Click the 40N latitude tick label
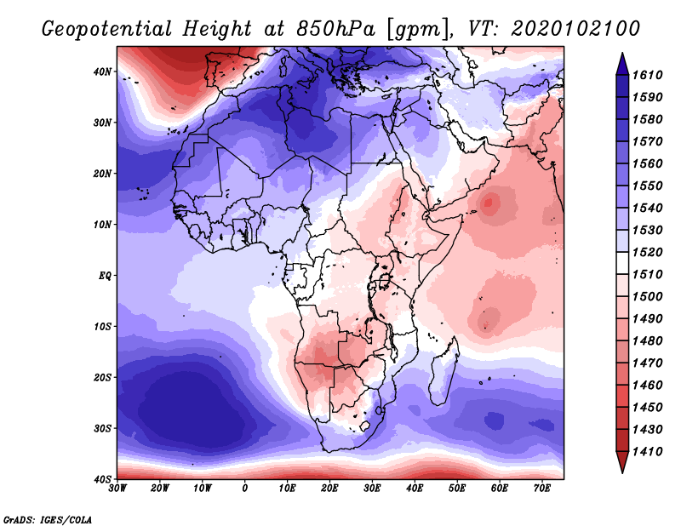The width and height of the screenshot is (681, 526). [102, 71]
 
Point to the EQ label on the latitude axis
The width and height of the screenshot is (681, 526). [105, 276]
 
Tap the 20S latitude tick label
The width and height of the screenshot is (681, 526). [102, 377]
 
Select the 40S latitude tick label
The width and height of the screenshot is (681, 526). [102, 479]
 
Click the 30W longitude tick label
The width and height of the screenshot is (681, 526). [117, 489]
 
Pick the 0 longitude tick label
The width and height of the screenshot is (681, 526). [245, 489]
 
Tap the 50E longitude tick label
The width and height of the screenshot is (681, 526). [457, 489]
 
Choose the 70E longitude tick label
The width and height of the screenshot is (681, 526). [542, 489]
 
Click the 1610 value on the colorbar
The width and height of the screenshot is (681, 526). [647, 75]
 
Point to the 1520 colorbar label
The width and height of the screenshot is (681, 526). [647, 252]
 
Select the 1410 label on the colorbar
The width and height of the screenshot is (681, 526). [647, 452]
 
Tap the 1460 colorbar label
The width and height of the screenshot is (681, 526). [647, 386]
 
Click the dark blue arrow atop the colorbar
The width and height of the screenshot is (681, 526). [622, 66]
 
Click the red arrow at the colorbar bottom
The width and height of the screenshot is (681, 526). [622, 460]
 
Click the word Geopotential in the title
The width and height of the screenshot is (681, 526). [107, 29]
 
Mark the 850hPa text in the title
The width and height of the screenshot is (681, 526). [335, 29]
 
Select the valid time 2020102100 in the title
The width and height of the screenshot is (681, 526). [575, 29]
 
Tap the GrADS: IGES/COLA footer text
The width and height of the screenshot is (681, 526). [48, 519]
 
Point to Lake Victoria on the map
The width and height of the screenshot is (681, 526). [384, 281]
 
